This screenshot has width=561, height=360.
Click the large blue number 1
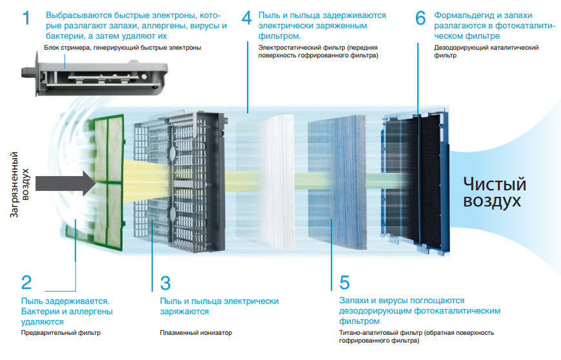pyautogui.click(x=26, y=18)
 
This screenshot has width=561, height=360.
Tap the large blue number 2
pyautogui.click(x=26, y=283)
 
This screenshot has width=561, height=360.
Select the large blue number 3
pyautogui.click(x=165, y=283)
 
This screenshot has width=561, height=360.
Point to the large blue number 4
pyautogui.click(x=246, y=18)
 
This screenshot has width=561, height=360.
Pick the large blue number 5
pyautogui.click(x=344, y=283)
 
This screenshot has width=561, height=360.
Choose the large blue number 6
pyautogui.click(x=420, y=18)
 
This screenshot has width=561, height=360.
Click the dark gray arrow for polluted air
pyautogui.click(x=66, y=183)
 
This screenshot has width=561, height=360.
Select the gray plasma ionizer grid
pyautogui.click(x=180, y=182)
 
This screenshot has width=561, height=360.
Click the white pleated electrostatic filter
pyautogui.click(x=265, y=182)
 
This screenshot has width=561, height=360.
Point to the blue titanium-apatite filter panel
pyautogui.click(x=337, y=182)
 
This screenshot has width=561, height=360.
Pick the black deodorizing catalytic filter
pyautogui.click(x=415, y=182)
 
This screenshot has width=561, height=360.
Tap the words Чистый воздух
pyautogui.click(x=495, y=192)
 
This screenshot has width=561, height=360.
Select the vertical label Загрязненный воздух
pyautogui.click(x=19, y=185)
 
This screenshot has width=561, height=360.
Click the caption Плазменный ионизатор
pyautogui.click(x=196, y=333)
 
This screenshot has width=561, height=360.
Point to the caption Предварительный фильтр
pyautogui.click(x=61, y=333)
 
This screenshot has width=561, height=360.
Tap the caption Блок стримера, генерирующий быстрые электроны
pyautogui.click(x=123, y=48)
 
